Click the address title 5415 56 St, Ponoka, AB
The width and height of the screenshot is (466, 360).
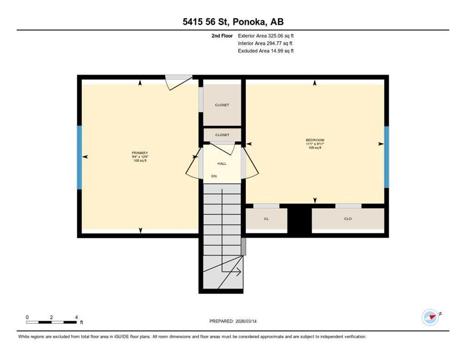point(233,22)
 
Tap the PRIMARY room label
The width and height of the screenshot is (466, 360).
point(140,153)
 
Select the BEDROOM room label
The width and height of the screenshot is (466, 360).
point(315,140)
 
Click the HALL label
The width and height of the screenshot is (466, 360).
point(222,164)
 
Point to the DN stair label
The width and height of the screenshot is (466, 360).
point(214,176)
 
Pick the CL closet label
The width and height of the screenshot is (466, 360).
point(266,219)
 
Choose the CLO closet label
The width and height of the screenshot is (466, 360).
point(348,219)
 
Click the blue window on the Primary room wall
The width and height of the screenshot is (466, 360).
point(79,157)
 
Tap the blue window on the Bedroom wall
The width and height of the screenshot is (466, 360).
point(386,157)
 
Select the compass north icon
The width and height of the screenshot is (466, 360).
point(430,317)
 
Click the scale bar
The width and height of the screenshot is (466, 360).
point(51,322)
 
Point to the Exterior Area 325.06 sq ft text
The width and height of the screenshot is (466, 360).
point(266,36)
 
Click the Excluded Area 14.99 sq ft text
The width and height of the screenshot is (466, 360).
point(266,51)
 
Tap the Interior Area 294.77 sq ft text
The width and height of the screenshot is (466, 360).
point(265,44)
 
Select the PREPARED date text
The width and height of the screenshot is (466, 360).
point(233,321)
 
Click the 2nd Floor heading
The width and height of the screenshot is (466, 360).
point(222,36)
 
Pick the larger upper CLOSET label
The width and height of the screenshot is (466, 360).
point(222,105)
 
